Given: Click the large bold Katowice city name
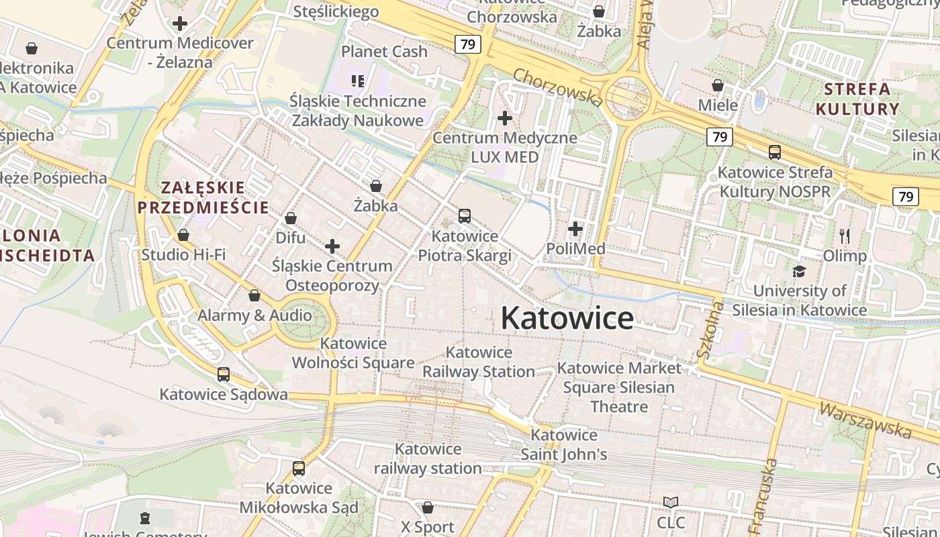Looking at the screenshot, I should click(x=567, y=318).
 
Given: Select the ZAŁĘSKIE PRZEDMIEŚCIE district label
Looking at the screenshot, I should click(x=203, y=197).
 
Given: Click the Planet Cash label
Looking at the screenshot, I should click(x=384, y=52).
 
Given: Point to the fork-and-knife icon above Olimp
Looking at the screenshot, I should click(x=845, y=236).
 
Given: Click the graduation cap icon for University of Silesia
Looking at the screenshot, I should click(x=799, y=271).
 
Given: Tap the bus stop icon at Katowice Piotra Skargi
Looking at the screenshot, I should click(x=464, y=216).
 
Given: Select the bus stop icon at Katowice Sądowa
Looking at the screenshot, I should click(x=224, y=375).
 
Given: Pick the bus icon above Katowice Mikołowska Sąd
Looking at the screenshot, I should click(x=299, y=469).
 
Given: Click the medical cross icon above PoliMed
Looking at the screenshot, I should click(x=575, y=229).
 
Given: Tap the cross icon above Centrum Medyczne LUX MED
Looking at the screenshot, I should click(x=504, y=118).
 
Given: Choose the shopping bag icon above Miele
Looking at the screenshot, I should click(x=717, y=85).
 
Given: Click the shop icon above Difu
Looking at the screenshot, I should click(x=291, y=218).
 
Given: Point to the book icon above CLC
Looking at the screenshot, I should click(x=670, y=502).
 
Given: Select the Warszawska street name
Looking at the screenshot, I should click(x=865, y=420).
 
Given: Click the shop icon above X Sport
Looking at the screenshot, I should click(x=427, y=507).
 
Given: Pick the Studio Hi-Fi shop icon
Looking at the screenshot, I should click(x=183, y=235).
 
